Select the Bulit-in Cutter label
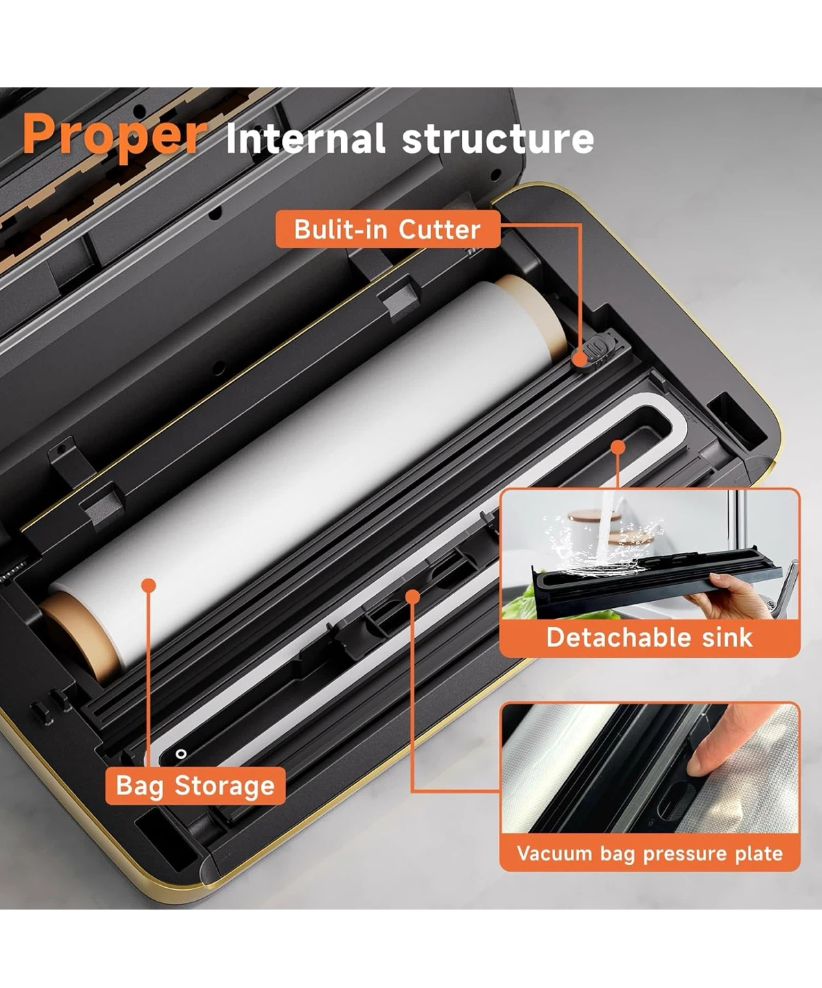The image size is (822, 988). click(388, 229)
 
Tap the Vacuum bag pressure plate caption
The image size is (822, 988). click(650, 853)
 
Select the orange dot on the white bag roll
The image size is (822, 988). click(149, 585)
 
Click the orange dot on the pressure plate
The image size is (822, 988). click(413, 596)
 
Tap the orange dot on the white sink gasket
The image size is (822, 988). click(618, 447)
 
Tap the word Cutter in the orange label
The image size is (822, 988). click(439, 229)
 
